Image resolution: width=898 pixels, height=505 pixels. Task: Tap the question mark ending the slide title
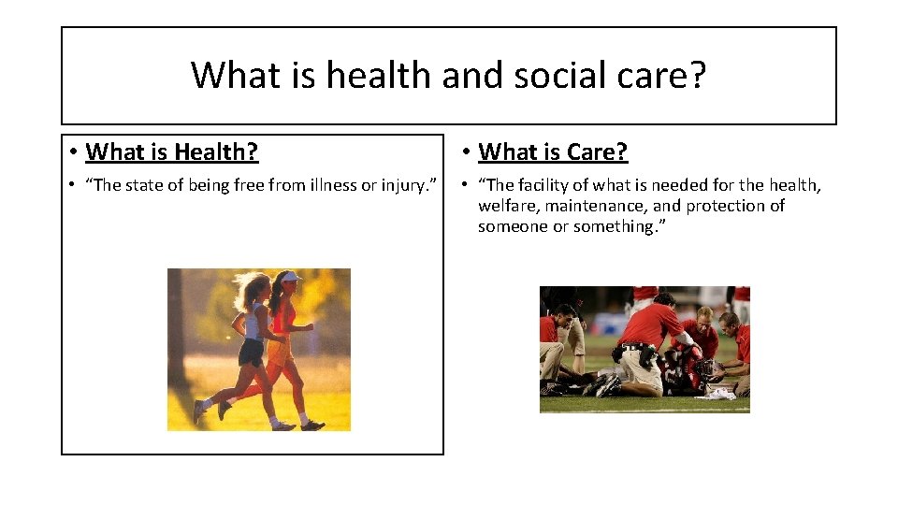click(x=696, y=75)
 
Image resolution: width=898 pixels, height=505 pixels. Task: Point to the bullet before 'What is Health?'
click(x=72, y=151)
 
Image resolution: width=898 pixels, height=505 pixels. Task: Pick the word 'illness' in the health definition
click(x=325, y=185)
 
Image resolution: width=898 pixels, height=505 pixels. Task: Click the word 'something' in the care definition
click(x=615, y=226)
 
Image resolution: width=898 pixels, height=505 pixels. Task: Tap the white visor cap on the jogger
click(x=290, y=277)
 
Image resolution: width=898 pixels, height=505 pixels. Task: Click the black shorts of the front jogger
click(x=251, y=353)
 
